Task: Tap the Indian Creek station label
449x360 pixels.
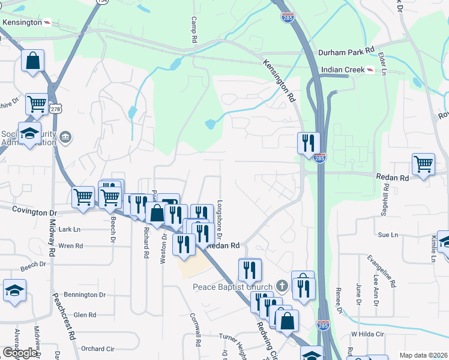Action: (x=343, y=70)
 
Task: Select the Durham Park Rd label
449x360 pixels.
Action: (x=346, y=52)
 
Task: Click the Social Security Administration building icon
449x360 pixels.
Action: (x=65, y=139)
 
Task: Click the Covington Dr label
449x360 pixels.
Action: (x=37, y=212)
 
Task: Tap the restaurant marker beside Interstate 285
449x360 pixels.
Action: (x=309, y=144)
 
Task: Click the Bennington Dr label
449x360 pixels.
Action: (x=85, y=295)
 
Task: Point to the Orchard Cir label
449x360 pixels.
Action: (x=97, y=349)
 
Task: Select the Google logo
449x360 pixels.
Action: (x=20, y=352)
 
